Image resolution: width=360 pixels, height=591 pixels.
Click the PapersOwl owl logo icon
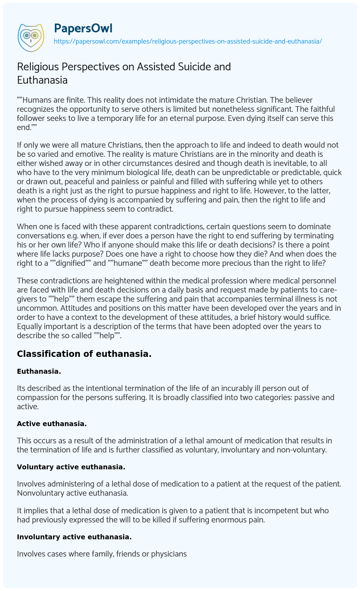pyautogui.click(x=31, y=36)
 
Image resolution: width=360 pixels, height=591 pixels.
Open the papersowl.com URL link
pyautogui.click(x=188, y=41)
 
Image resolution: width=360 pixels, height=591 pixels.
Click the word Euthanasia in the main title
pyautogui.click(x=42, y=80)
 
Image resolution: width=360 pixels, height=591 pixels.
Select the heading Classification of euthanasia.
pyautogui.click(x=84, y=354)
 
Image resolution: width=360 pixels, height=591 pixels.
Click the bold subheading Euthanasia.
pyautogui.click(x=39, y=371)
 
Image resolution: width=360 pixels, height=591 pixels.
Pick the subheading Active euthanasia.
pyautogui.click(x=52, y=424)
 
